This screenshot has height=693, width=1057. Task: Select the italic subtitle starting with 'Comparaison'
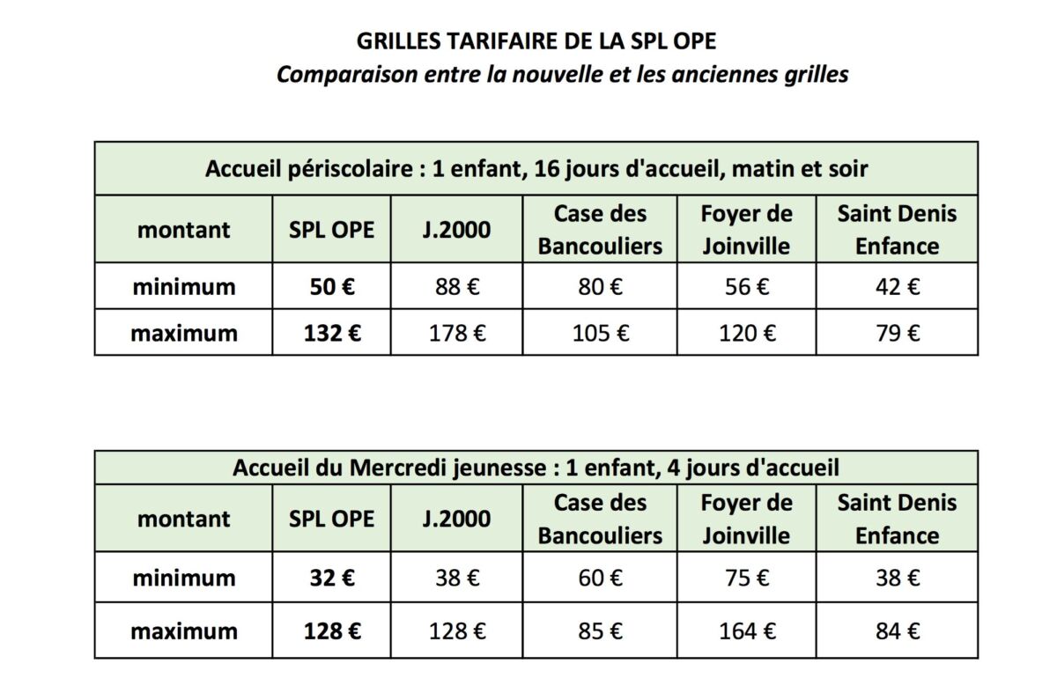pyautogui.click(x=562, y=75)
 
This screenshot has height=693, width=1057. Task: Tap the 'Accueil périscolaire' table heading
pyautogui.click(x=536, y=168)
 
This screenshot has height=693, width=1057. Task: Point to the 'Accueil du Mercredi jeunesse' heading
pyautogui.click(x=536, y=468)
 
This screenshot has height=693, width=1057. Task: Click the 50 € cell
pyautogui.click(x=331, y=287)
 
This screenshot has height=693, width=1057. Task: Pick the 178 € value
pyautogui.click(x=456, y=333)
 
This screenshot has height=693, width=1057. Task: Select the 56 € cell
pyautogui.click(x=746, y=287)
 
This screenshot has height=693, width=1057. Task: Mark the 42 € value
pyautogui.click(x=896, y=287)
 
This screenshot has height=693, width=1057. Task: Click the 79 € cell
pyautogui.click(x=896, y=333)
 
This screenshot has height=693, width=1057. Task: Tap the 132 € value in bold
pyautogui.click(x=331, y=333)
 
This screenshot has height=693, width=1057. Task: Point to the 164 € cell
pyautogui.click(x=746, y=630)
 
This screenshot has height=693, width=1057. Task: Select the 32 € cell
pyautogui.click(x=331, y=578)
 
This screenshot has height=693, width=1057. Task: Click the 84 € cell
pyautogui.click(x=896, y=630)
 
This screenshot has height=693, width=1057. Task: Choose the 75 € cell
pyautogui.click(x=746, y=578)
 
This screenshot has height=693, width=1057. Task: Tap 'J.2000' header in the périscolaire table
pyautogui.click(x=456, y=230)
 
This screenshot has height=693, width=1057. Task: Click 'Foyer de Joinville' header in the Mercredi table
pyautogui.click(x=746, y=519)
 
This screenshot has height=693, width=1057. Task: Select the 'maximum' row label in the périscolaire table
pyautogui.click(x=184, y=333)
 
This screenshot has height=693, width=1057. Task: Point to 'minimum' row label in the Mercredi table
pyautogui.click(x=184, y=578)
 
